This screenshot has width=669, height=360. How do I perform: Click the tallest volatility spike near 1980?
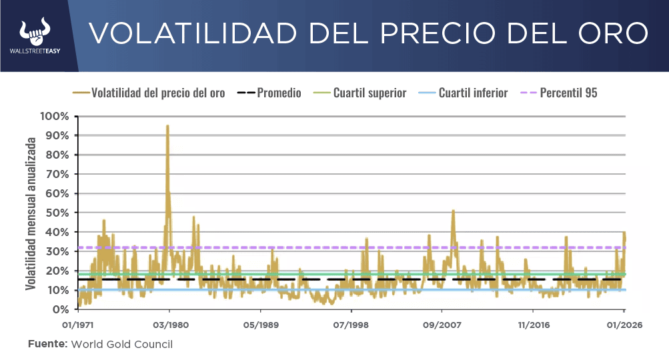pos(167,126)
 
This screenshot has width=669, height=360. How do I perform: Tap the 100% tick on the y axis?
pos(55,116)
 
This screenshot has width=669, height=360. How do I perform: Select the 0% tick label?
pos(61,309)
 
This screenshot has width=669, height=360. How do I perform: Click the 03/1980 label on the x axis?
pos(169,325)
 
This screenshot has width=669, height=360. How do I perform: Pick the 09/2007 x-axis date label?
pos(442,325)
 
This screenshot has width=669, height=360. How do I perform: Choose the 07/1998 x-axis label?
pos(351,325)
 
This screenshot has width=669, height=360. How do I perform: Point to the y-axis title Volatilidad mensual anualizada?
pos(31,213)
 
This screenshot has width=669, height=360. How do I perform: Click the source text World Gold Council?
pos(121,344)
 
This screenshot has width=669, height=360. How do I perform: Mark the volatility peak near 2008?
pos(453,211)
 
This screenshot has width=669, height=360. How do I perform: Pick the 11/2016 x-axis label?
pos(532,325)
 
